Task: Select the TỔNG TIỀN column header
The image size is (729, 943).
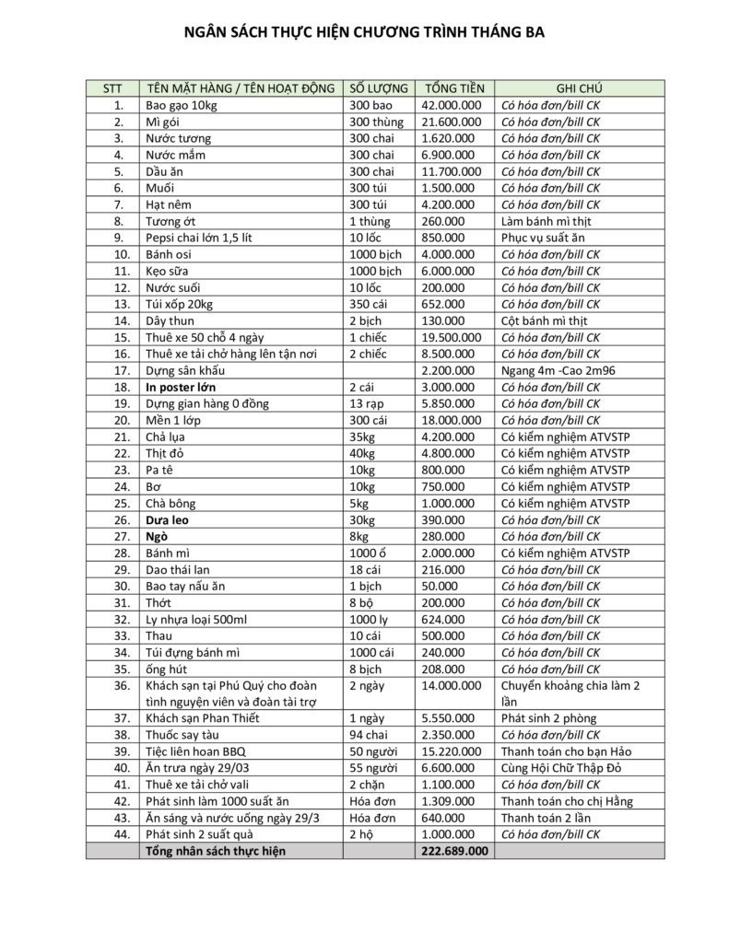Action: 453,88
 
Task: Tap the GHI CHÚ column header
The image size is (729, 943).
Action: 580,88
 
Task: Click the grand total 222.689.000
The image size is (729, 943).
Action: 453,851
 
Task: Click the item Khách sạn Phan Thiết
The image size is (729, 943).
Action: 203,718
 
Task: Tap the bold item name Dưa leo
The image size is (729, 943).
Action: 168,519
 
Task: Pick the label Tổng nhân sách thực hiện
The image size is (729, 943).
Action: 216,851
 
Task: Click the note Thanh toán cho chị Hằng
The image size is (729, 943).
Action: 567,801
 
